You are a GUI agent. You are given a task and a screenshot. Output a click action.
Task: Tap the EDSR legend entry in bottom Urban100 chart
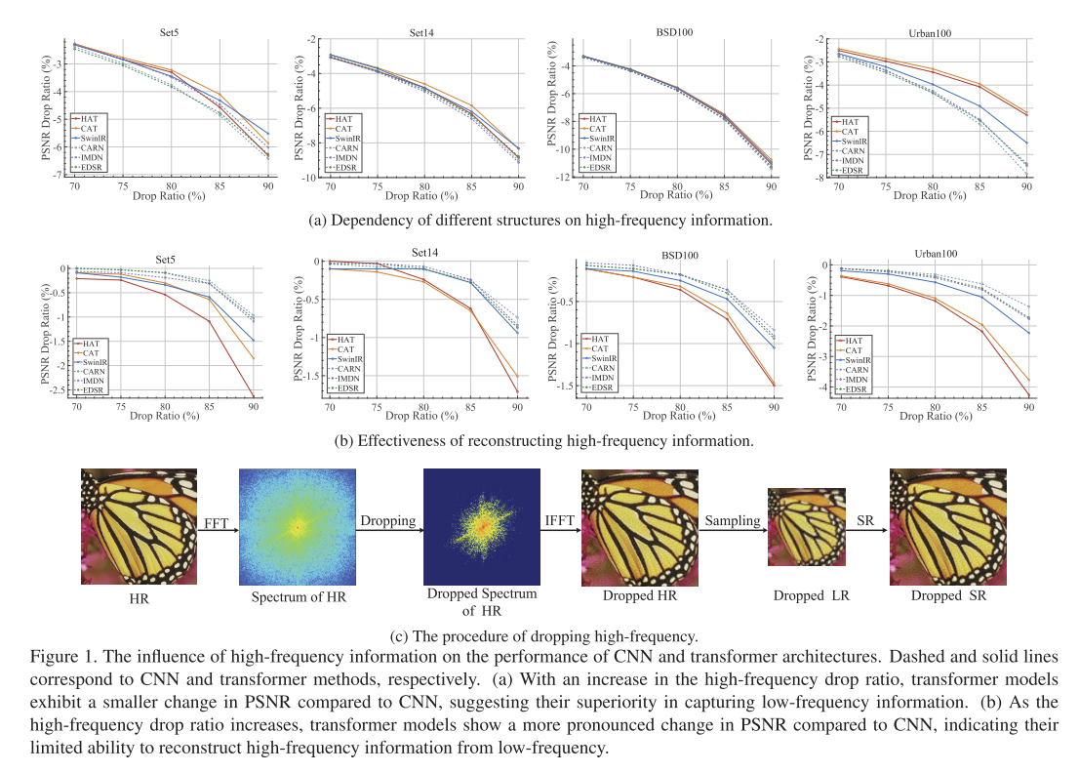[852, 389]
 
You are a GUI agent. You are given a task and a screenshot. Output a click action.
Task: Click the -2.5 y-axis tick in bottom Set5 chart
[58, 389]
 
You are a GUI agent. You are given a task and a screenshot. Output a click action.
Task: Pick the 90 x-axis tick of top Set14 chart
[517, 185]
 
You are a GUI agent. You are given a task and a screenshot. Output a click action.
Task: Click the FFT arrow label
[217, 521]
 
